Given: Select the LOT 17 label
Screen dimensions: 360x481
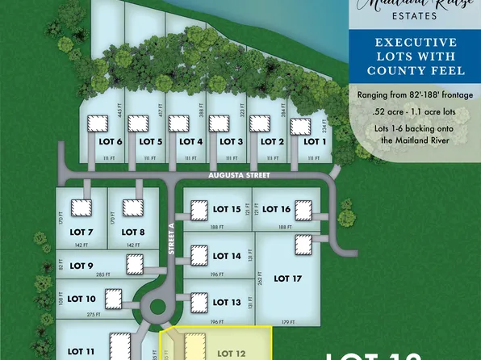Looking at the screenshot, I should tap(287, 278).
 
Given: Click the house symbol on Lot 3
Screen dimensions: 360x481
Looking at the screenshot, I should tap(219, 123).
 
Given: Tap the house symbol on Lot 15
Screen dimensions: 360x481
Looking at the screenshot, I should tap(199, 211).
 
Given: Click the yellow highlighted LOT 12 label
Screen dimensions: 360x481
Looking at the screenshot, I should tap(232, 353).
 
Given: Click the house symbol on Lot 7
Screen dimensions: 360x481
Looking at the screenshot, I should tap(81, 208).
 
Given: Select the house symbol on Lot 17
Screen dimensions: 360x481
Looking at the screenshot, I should tap(303, 244).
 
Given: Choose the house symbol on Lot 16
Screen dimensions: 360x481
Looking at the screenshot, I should tap(303, 211).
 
